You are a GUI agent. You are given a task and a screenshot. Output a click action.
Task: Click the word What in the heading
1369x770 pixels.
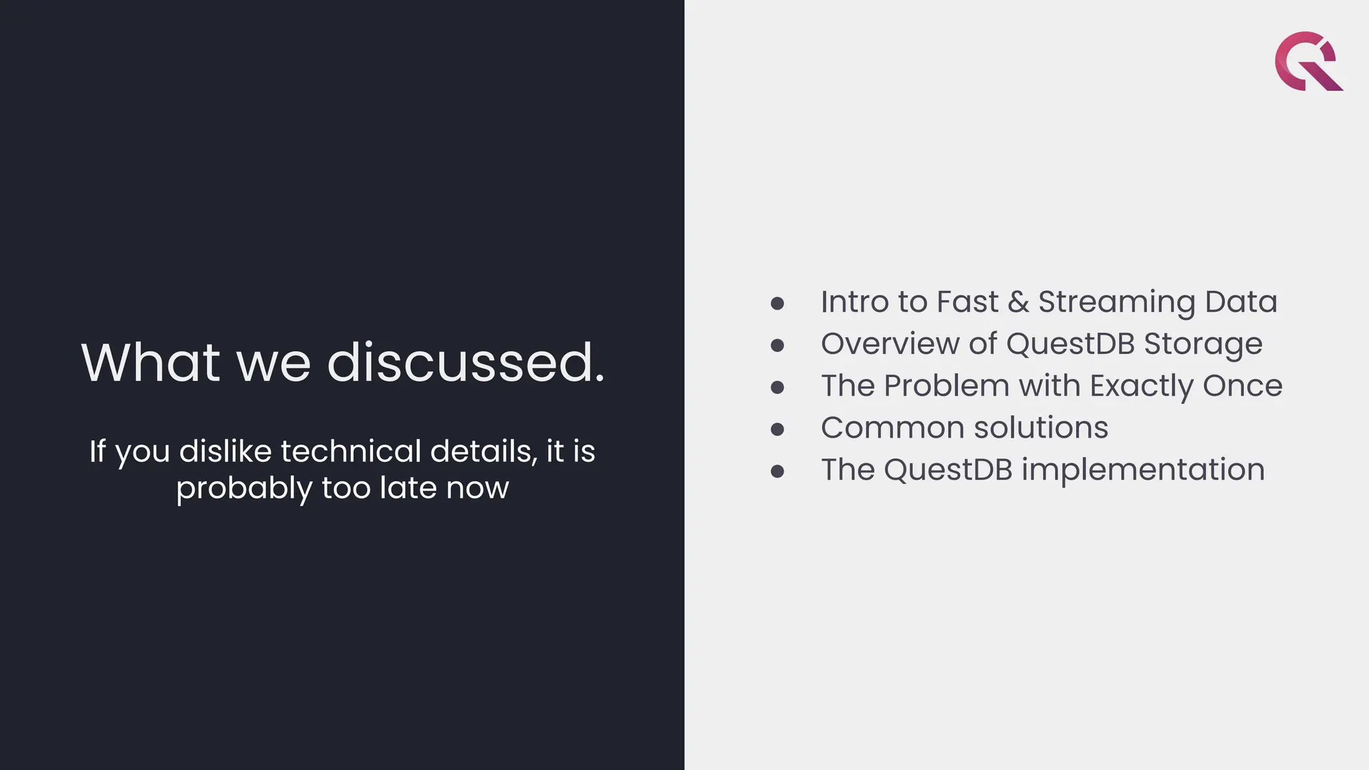(x=150, y=362)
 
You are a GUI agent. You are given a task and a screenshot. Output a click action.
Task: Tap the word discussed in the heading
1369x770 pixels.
(x=465, y=362)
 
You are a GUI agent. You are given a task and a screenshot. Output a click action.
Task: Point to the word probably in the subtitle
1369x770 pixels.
(x=243, y=489)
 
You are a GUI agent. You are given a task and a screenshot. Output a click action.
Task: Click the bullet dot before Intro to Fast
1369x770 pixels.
(x=777, y=304)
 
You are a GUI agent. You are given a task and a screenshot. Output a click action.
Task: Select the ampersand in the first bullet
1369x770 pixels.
(x=1018, y=302)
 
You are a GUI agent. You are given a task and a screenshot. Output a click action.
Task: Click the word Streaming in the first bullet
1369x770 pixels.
(x=1116, y=302)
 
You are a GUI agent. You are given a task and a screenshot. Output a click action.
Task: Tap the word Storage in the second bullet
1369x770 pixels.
(x=1203, y=345)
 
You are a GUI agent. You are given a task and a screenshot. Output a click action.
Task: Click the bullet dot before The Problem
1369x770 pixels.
(x=777, y=388)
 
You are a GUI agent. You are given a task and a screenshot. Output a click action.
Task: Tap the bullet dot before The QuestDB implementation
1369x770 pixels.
(x=777, y=471)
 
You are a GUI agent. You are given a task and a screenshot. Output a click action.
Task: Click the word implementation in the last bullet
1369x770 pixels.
(x=1143, y=470)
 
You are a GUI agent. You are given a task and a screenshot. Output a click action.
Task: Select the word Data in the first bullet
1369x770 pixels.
(x=1241, y=301)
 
